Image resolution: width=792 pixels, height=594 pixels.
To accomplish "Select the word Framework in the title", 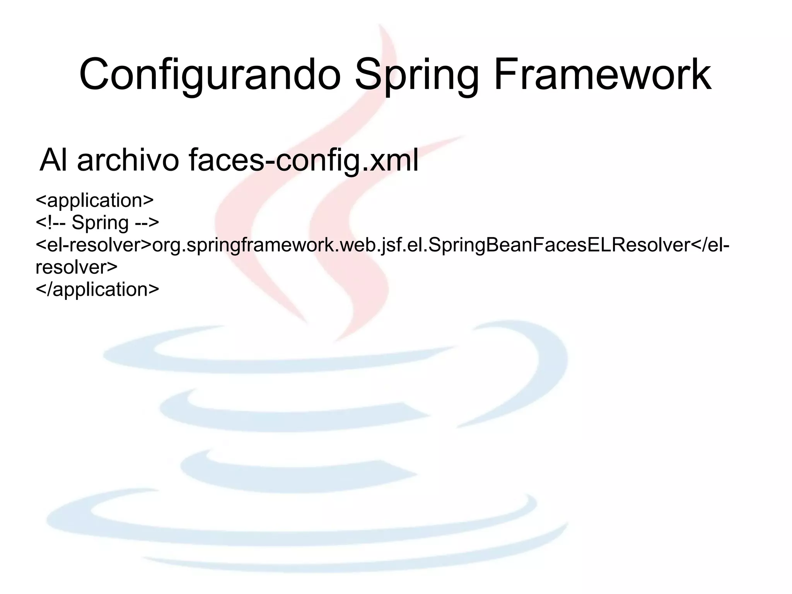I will click(602, 74).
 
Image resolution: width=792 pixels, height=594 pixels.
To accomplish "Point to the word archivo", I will click(128, 159).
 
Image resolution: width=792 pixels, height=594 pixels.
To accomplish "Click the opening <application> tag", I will click(95, 200).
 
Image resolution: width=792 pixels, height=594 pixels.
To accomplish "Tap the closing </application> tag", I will click(97, 289).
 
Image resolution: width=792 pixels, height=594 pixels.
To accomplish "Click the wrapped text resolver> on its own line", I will click(77, 267).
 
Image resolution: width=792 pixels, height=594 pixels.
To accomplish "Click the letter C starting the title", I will click(95, 74).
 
